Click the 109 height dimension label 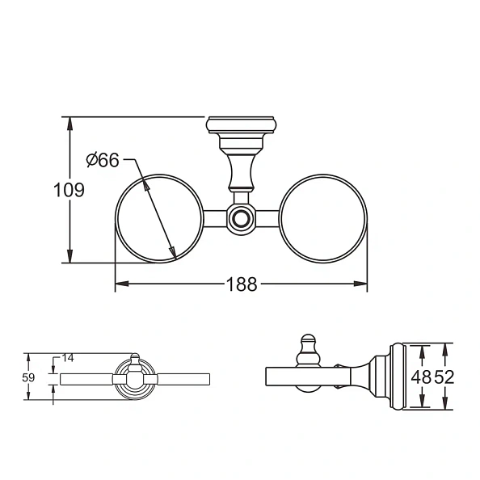click(x=69, y=191)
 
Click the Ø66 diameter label click(x=103, y=160)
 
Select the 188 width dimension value click(x=241, y=284)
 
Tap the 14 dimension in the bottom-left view click(x=68, y=358)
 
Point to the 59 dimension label click(x=28, y=377)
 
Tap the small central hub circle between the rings click(x=241, y=218)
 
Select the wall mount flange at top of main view click(x=242, y=126)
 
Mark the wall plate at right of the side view click(x=396, y=377)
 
